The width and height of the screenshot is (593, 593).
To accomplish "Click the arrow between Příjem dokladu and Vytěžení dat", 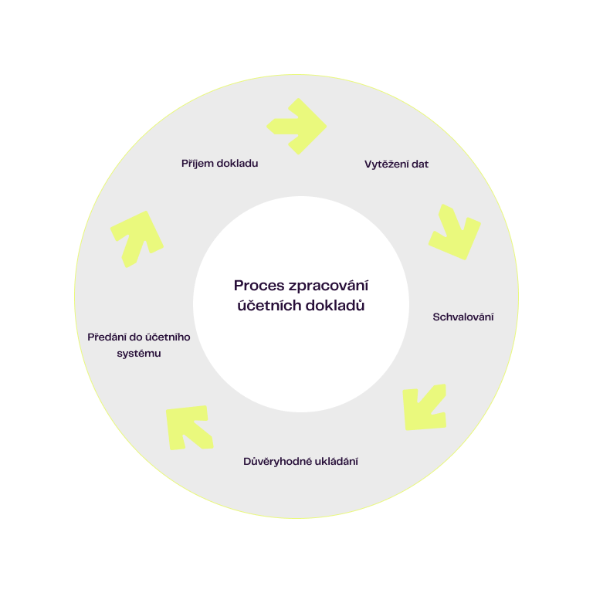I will pyautogui.click(x=297, y=126).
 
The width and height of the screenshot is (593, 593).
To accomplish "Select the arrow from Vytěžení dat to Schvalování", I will pyautogui.click(x=454, y=232).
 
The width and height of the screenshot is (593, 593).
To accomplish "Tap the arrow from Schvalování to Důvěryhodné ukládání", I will pyautogui.click(x=424, y=407).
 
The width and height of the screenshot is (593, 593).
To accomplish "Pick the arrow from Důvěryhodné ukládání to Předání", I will pyautogui.click(x=188, y=427).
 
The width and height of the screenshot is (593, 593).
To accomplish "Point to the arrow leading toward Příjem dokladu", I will pyautogui.click(x=137, y=239).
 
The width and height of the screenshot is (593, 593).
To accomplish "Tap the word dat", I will pyautogui.click(x=421, y=164).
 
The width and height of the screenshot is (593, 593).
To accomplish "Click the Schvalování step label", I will pyautogui.click(x=463, y=317).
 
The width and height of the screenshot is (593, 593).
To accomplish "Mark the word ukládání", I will pyautogui.click(x=337, y=462).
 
